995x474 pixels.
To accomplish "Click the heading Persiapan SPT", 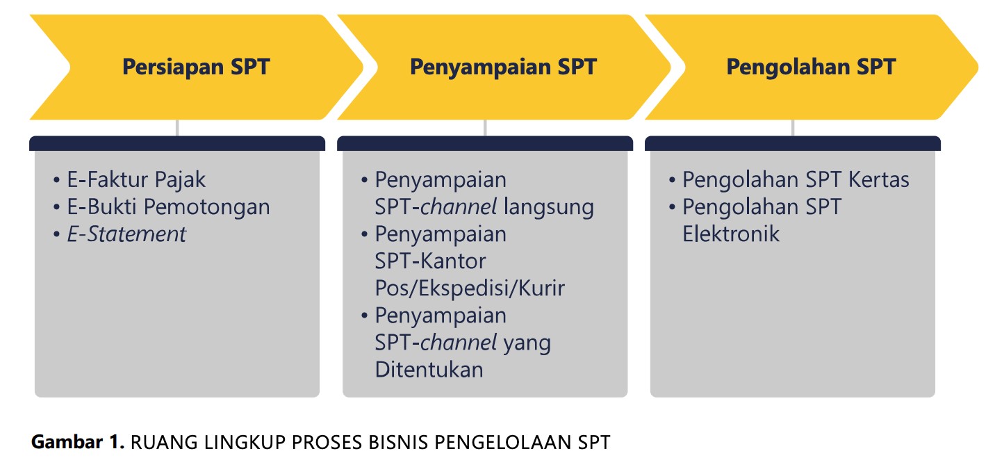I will click(x=196, y=67).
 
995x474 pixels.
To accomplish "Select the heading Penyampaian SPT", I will click(x=503, y=67).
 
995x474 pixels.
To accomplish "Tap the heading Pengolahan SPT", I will click(x=811, y=67).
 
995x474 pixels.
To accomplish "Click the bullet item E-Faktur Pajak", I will click(x=136, y=180).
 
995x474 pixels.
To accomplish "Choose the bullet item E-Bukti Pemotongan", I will click(x=168, y=207).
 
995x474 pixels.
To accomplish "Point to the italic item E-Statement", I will click(x=126, y=234).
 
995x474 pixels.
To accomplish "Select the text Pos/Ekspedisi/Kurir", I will click(x=470, y=288).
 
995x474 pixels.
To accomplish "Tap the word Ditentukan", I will click(x=429, y=369).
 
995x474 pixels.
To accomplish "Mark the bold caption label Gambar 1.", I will click(x=77, y=443).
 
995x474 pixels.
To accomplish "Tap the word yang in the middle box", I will click(x=527, y=343).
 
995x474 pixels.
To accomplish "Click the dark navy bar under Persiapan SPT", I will click(x=177, y=144).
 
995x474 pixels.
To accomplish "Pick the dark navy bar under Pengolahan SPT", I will click(x=793, y=144).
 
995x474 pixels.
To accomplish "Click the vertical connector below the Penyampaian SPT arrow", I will click(x=485, y=128).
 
